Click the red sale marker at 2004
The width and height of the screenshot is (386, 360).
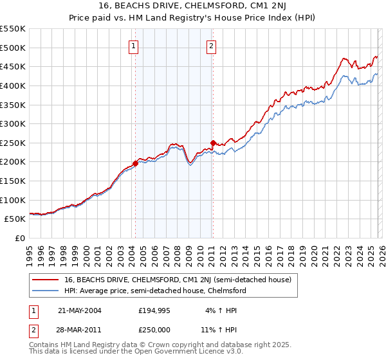coord(135,163)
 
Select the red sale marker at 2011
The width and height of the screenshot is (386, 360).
coord(213,142)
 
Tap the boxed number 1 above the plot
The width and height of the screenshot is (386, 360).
coord(133,45)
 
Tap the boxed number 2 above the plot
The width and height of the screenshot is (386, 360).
coord(211,45)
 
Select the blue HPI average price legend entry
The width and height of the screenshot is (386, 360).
coord(155,291)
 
